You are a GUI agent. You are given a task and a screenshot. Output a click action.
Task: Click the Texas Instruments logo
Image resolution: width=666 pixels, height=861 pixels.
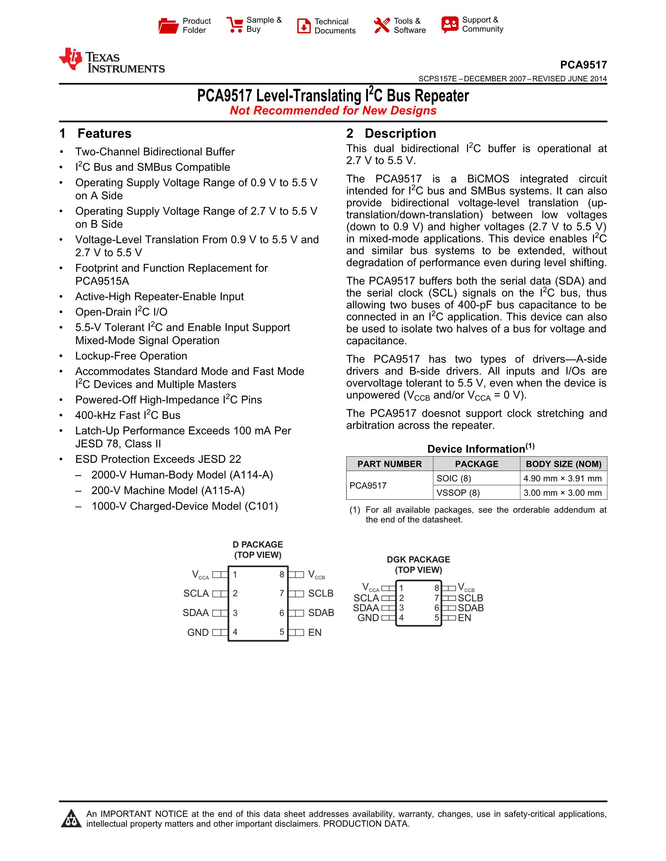coord(111,61)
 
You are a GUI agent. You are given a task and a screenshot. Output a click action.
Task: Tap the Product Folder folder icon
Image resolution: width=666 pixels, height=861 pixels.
coord(169,26)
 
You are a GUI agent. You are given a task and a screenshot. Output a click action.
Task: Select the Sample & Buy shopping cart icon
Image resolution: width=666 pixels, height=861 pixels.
coord(234,25)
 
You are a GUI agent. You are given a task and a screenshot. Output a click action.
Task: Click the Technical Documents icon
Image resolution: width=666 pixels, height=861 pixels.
coord(303,26)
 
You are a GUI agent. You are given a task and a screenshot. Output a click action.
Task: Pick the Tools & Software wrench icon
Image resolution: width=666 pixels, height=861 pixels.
coord(382,26)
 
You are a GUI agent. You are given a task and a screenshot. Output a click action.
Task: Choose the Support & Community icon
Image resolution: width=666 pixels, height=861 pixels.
coord(450,25)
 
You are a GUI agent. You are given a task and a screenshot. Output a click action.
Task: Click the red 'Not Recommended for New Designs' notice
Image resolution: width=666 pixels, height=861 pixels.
coord(333,111)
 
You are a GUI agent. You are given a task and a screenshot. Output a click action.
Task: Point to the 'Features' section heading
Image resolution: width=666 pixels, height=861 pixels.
coord(104,133)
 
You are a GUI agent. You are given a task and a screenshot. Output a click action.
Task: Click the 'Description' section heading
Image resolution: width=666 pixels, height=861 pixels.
coord(400,133)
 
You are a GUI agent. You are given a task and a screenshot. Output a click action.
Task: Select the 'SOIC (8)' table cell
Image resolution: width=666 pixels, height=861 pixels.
coord(454,478)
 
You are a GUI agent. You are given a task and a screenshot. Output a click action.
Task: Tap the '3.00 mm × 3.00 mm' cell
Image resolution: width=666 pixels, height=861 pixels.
coord(562,493)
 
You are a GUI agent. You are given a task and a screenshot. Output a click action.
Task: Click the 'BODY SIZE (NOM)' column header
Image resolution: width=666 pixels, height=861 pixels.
coord(564,464)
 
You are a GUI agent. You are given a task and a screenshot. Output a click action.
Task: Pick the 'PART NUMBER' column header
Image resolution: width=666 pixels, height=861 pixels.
coord(389,464)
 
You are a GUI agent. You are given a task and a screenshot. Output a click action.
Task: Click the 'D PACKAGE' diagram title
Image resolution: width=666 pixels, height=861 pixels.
coord(258,544)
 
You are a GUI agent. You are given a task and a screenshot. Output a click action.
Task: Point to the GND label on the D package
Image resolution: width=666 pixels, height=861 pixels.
coord(198,632)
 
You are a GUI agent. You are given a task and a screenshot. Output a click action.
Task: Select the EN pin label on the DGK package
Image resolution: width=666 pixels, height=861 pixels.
coord(465,618)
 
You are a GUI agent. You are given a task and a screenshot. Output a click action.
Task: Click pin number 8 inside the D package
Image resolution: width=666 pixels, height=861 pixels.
coord(282,574)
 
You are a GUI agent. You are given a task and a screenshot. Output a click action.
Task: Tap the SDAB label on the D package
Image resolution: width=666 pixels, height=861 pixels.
coord(321,613)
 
